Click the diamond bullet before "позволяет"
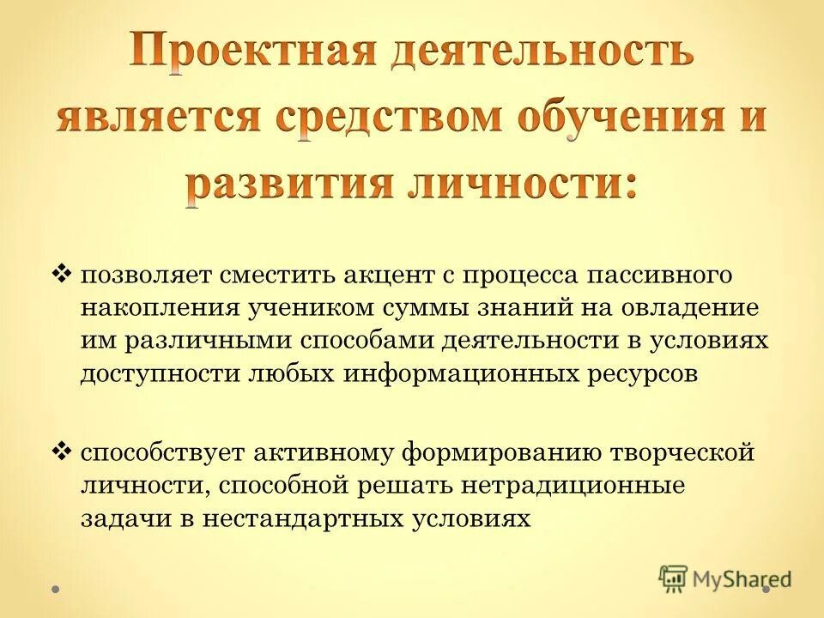(x=61, y=275)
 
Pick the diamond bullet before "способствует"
(x=61, y=450)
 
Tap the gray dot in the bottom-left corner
(x=55, y=590)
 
